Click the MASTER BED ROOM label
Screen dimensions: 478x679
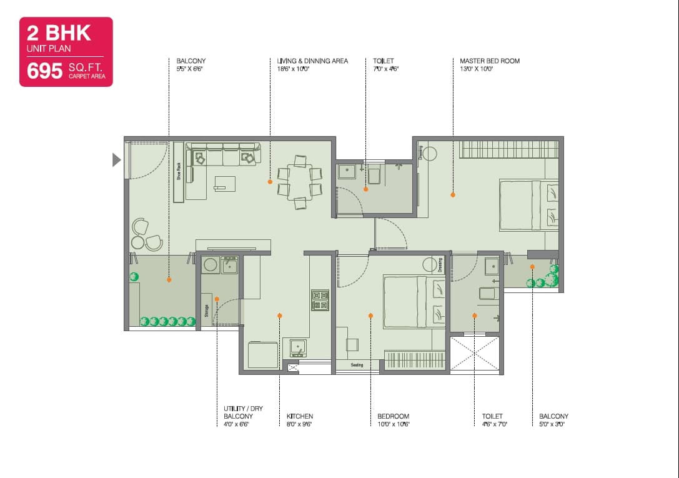489,61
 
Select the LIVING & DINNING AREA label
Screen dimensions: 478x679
312,61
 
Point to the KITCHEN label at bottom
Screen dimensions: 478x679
300,416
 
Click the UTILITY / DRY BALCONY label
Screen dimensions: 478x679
243,412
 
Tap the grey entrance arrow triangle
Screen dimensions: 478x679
116,160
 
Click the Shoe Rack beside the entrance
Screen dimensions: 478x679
179,172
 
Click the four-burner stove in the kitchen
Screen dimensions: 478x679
320,300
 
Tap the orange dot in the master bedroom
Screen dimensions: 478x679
453,195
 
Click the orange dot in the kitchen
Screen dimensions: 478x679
279,316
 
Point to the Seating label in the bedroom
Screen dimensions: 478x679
357,365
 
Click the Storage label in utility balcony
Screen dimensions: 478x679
206,311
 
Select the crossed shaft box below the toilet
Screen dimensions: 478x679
475,354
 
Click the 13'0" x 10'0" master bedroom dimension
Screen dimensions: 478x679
476,69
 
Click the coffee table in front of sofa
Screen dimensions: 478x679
224,183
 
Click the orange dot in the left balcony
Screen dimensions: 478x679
169,280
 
